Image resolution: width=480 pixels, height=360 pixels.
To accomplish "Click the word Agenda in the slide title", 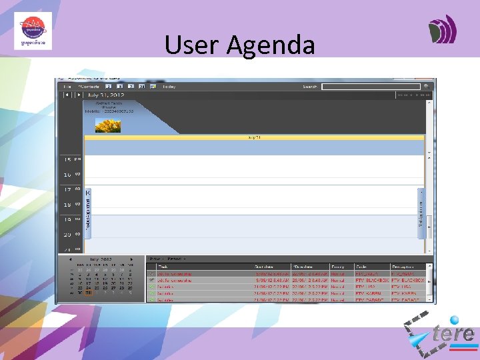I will [x=271, y=45].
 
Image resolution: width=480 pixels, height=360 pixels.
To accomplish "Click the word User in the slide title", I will [x=192, y=45].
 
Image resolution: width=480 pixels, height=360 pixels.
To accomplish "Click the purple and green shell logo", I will [x=442, y=29].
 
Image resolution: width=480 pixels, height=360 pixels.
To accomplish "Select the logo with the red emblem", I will [x=33, y=31].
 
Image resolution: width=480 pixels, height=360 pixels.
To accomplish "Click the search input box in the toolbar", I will [x=371, y=87].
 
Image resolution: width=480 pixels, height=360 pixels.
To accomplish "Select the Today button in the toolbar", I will [x=169, y=87].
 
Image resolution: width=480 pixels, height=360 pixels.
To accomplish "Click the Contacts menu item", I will [x=89, y=87].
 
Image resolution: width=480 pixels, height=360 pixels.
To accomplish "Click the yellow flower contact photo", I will [x=108, y=125].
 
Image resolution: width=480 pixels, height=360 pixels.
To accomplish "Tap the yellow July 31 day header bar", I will [x=254, y=137].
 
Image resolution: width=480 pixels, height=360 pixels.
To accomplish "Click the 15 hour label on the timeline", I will [x=67, y=160].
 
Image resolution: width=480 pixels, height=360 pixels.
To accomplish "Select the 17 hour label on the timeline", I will [x=67, y=190].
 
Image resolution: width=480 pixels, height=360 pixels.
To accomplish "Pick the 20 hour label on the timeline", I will [x=67, y=234].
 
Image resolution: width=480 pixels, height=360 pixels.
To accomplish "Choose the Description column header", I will [x=403, y=267].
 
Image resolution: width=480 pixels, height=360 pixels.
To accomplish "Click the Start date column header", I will [x=266, y=267].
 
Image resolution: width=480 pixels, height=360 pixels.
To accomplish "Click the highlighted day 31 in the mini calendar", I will [x=89, y=292].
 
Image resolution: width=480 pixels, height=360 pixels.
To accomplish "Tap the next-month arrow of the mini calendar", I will [x=131, y=259].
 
